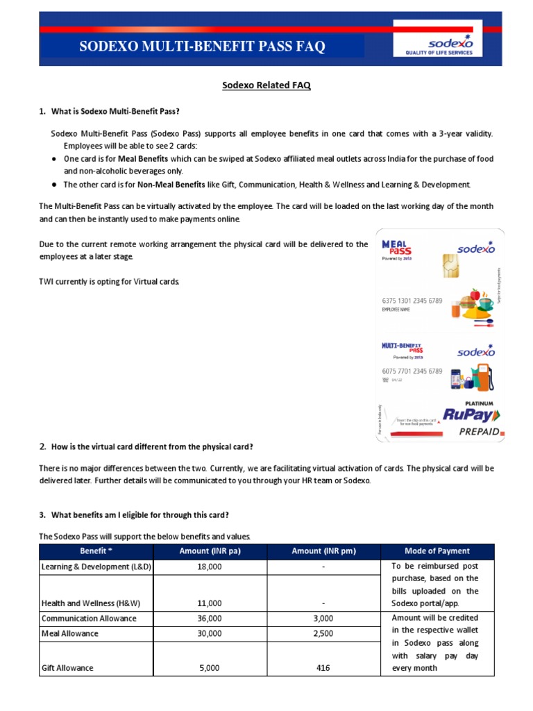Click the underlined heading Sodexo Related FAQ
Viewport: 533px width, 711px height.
(266, 85)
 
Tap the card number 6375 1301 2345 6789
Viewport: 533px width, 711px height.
(412, 301)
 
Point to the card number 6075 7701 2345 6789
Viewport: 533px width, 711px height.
(412, 371)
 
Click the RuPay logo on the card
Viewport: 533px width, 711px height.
(462, 416)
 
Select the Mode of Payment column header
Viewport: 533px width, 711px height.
(437, 551)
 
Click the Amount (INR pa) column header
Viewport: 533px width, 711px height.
(209, 551)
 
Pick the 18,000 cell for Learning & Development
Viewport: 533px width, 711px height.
(209, 567)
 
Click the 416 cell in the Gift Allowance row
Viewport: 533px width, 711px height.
(323, 668)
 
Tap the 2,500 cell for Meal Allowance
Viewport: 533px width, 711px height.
(323, 633)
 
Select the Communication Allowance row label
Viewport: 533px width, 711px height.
(90, 618)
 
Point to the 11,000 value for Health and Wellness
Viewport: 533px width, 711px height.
(209, 603)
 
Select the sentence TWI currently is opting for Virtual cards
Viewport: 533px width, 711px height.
(110, 282)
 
